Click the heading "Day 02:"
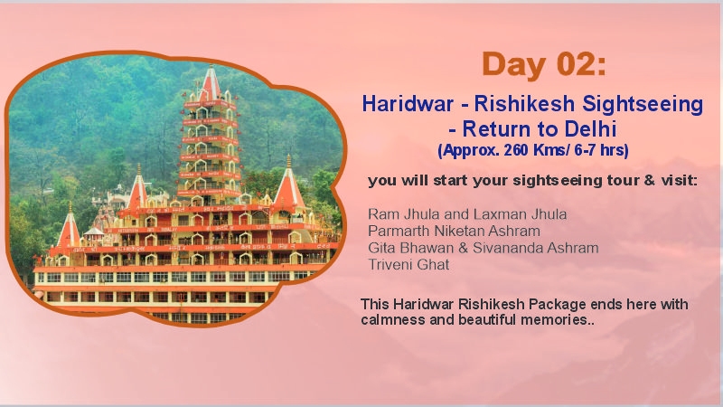[544, 64]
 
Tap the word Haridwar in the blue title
[402, 103]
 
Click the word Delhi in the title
[592, 128]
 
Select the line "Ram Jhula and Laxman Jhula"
[467, 214]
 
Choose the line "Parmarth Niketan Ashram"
[454, 231]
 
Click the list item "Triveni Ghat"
[408, 265]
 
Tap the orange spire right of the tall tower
[287, 185]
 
